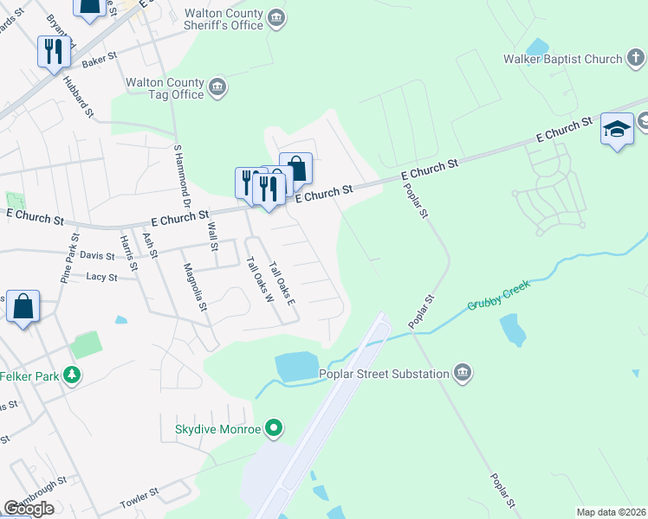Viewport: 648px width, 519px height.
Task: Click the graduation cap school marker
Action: pos(617,129)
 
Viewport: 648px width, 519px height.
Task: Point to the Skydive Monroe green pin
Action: pos(275,427)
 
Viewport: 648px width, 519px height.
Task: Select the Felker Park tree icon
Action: pos(75,375)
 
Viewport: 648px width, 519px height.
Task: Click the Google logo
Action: pos(29,509)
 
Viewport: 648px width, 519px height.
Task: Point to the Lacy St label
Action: pos(101,277)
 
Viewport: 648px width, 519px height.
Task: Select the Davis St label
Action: pos(97,255)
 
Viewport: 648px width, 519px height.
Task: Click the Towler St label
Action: pos(140,495)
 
